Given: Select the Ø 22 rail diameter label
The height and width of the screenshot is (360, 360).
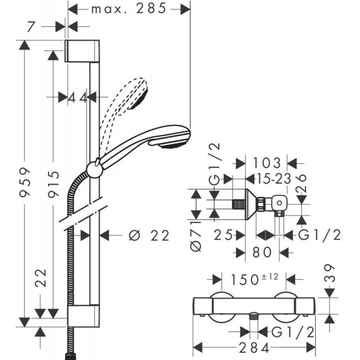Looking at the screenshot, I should (x=149, y=235).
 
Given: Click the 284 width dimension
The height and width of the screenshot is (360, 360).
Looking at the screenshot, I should (x=254, y=348).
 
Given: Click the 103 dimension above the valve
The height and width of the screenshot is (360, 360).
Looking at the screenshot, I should (x=267, y=163).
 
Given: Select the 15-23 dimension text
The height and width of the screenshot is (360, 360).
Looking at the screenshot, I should (x=269, y=179).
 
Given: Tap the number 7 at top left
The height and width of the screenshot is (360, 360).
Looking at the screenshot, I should (x=30, y=27).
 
